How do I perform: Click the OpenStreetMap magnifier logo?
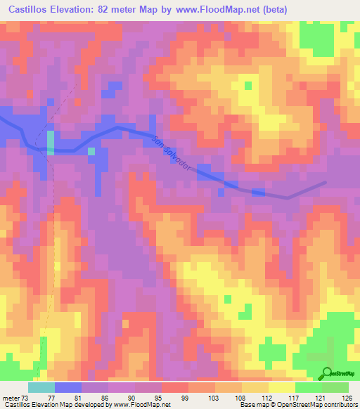327,372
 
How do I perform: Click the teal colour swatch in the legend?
41,387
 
